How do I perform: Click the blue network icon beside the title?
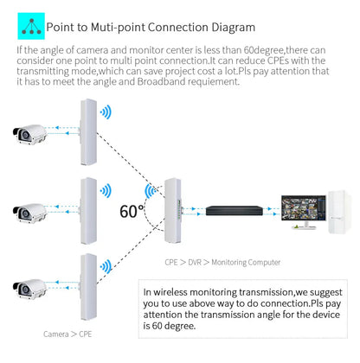pos(31,28)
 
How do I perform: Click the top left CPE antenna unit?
pos(87,130)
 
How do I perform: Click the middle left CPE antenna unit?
pos(87,208)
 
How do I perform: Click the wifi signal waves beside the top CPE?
pos(106,112)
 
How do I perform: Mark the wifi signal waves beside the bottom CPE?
pos(106,267)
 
